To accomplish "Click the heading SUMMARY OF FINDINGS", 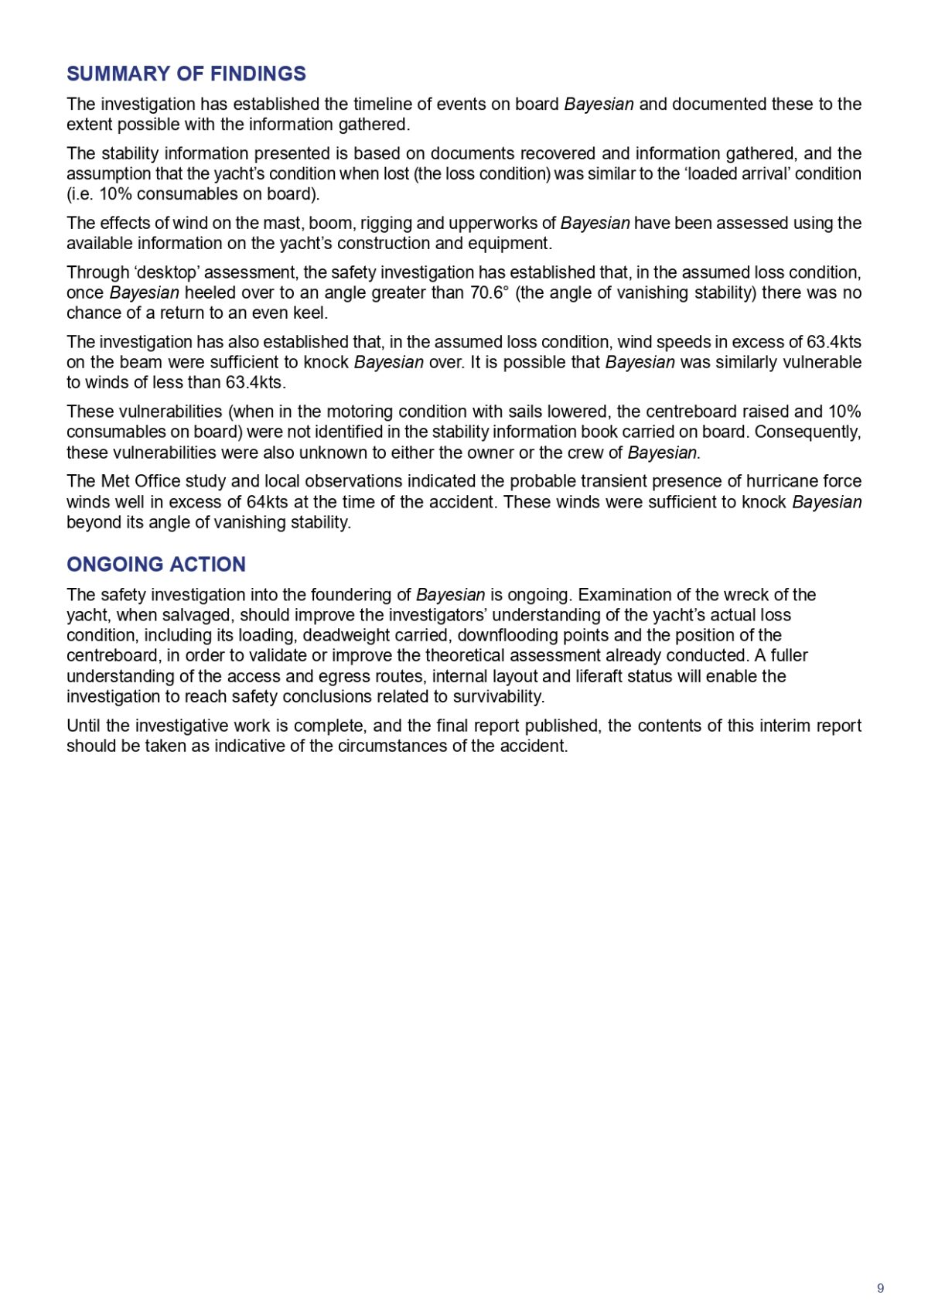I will pyautogui.click(x=186, y=73).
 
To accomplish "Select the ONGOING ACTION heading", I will pyautogui.click(x=156, y=564).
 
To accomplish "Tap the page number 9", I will pyautogui.click(x=880, y=1288).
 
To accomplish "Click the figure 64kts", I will pyautogui.click(x=268, y=501).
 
